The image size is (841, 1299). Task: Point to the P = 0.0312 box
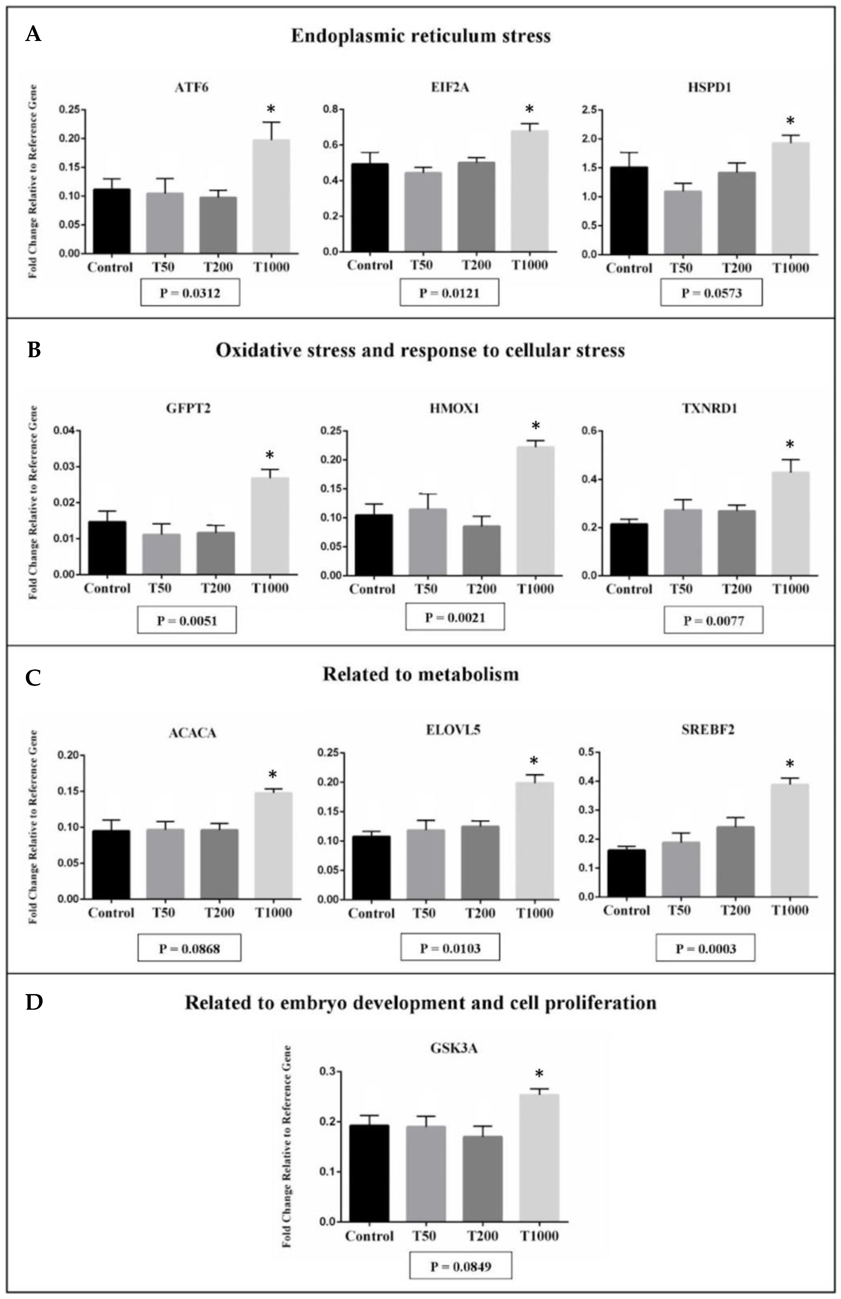tap(190, 293)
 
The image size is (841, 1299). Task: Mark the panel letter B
tap(34, 350)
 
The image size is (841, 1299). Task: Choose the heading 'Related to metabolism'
tap(420, 675)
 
